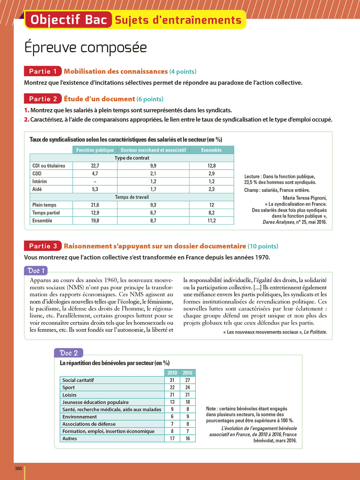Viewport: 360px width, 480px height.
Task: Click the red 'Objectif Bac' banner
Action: coord(68,20)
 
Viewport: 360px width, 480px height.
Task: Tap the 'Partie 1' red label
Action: coord(43,71)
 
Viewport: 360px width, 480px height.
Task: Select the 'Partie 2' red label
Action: coord(43,99)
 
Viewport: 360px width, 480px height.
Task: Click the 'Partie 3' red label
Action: coord(43,246)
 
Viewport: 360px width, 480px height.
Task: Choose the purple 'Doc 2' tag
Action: coord(68,353)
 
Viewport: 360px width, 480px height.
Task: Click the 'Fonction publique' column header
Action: coord(95,150)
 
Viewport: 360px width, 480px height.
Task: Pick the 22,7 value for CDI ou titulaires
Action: coord(95,166)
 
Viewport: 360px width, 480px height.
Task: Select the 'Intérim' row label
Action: coord(40,181)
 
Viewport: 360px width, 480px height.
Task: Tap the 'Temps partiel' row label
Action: coord(46,213)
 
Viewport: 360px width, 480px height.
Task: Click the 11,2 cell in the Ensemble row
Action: coord(212,220)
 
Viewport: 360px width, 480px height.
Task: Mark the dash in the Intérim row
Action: coord(95,181)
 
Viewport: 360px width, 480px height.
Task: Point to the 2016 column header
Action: coord(188,373)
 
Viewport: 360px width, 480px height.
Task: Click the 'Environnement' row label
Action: coord(80,417)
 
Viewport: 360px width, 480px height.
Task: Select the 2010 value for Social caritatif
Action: coord(172,380)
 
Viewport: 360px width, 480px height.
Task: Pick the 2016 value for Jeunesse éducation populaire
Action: coord(188,402)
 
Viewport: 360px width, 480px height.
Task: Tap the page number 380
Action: coord(19,468)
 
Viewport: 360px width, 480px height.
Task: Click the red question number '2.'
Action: coord(27,120)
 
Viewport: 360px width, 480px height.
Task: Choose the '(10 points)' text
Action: coord(263,246)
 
